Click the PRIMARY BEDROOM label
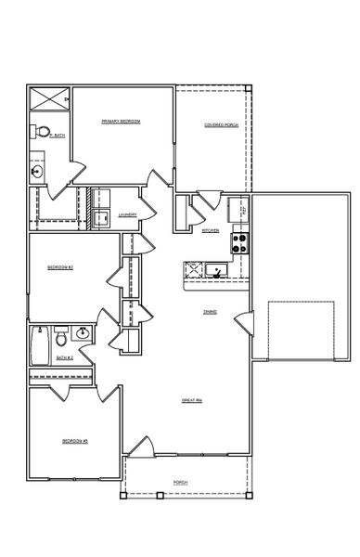[x=121, y=122]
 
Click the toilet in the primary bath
[x=43, y=131]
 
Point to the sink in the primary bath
[x=37, y=172]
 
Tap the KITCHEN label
[x=211, y=230]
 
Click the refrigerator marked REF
[x=242, y=212]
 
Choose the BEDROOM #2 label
[x=61, y=268]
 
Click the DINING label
[x=211, y=313]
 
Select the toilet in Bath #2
[x=61, y=334]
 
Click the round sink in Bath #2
[x=84, y=333]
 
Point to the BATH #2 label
[x=64, y=357]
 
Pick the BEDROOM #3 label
[x=74, y=440]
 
